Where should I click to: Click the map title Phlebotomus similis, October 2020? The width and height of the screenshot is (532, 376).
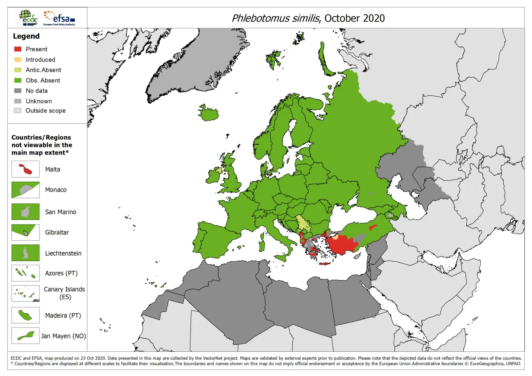pos(308,18)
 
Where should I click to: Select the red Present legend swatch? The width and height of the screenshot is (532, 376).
pos(17,49)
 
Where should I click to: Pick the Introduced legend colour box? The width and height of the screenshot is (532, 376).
pos(17,60)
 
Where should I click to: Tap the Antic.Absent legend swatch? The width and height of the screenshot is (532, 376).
pos(17,70)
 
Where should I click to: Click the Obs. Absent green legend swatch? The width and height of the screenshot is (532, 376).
pos(17,80)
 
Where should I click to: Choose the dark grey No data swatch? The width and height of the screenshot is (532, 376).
pos(17,91)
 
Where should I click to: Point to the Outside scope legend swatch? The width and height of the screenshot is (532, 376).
pos(17,111)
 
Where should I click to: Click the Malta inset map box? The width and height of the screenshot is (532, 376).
pos(25,169)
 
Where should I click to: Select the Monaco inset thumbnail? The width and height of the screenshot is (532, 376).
pos(25,190)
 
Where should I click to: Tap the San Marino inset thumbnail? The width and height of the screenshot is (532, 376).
pos(25,212)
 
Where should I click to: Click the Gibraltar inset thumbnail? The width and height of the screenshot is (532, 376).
pos(25,232)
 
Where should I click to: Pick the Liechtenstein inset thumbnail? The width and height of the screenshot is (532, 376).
pos(25,253)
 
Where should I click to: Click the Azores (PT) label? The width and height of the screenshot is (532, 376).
pos(61,273)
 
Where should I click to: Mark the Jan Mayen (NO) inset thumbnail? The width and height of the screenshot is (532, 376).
pos(25,336)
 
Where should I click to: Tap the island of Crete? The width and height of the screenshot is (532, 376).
pos(325,263)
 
